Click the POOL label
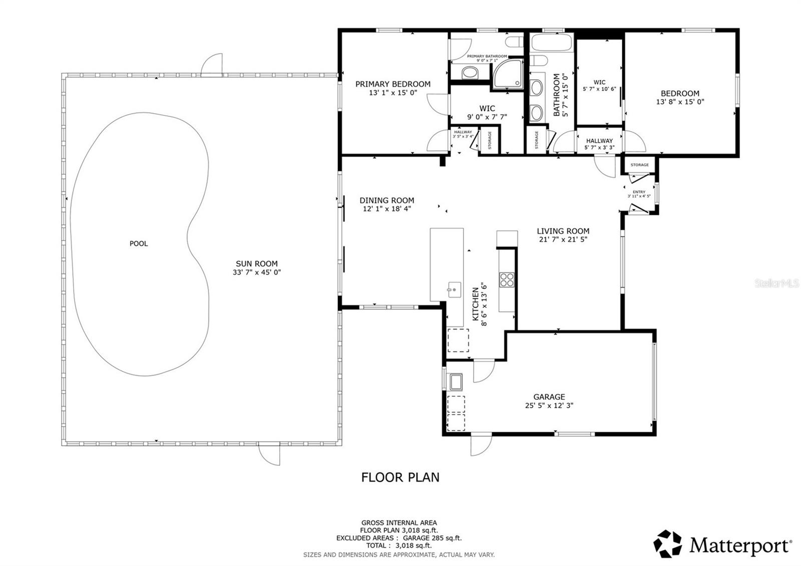(139, 244)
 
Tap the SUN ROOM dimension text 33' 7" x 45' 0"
(256, 272)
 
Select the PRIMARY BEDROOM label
(392, 84)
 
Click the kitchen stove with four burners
(507, 279)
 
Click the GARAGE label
(549, 397)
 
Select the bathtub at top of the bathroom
(551, 42)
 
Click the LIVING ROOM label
(563, 231)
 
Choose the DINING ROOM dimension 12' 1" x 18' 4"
(386, 209)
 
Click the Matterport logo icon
(668, 543)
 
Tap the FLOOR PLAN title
(400, 477)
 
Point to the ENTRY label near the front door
(639, 192)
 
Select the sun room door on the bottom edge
(269, 455)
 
